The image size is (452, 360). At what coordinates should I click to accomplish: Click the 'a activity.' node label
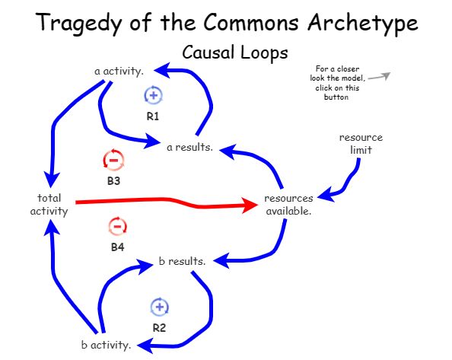[119, 72]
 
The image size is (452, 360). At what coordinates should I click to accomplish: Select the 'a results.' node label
[189, 146]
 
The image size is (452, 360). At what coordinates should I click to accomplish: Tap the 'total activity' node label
[49, 205]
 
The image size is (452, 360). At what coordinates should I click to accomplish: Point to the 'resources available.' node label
[288, 205]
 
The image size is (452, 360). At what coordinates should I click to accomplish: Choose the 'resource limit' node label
[361, 144]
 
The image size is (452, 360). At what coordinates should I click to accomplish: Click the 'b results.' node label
[182, 262]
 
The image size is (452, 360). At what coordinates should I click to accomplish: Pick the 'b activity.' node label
[106, 344]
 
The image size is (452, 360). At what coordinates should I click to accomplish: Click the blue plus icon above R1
[153, 95]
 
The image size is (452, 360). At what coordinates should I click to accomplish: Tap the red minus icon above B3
[113, 161]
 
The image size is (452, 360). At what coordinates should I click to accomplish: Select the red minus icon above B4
[117, 226]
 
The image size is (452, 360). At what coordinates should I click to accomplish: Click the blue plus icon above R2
[159, 307]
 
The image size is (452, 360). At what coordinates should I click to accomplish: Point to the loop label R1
[153, 116]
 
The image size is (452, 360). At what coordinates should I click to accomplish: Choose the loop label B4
[117, 247]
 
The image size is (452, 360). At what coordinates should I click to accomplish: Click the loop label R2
[159, 328]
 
